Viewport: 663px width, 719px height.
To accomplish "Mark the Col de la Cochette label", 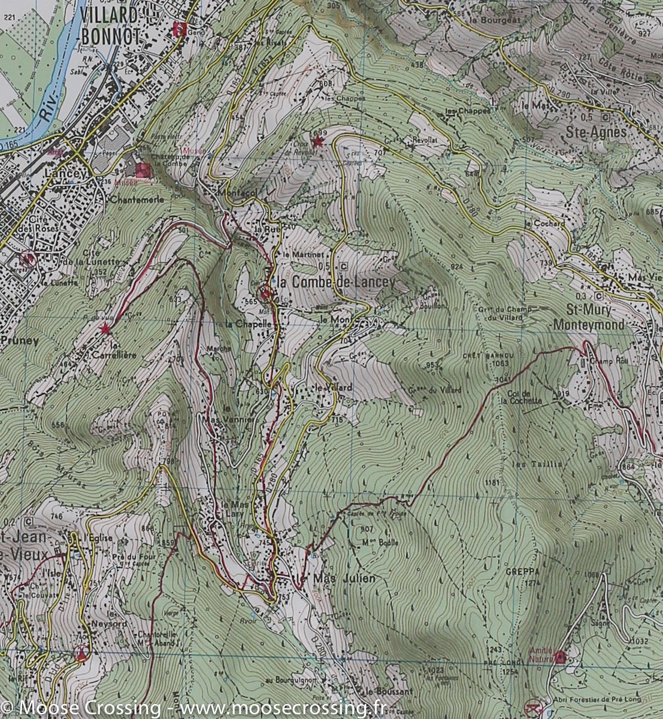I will [524, 397].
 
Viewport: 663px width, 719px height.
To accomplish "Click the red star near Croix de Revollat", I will [317, 141].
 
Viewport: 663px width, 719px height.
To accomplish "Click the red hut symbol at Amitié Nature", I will [561, 657].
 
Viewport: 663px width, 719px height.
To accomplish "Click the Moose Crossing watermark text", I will [192, 709].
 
